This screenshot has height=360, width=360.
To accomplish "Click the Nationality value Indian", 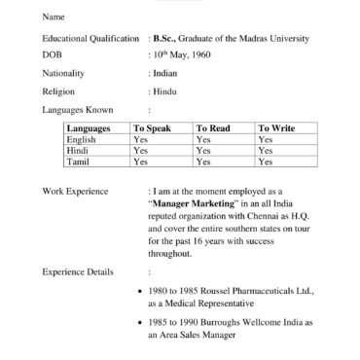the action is [163, 73].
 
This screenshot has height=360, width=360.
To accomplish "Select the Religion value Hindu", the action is [163, 90].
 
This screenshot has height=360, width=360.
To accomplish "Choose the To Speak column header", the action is [153, 128].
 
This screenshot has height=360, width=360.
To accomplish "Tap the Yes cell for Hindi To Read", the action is [202, 151].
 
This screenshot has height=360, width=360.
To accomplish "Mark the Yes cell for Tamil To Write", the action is [266, 162].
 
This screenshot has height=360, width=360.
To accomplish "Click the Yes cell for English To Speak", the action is [140, 140].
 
